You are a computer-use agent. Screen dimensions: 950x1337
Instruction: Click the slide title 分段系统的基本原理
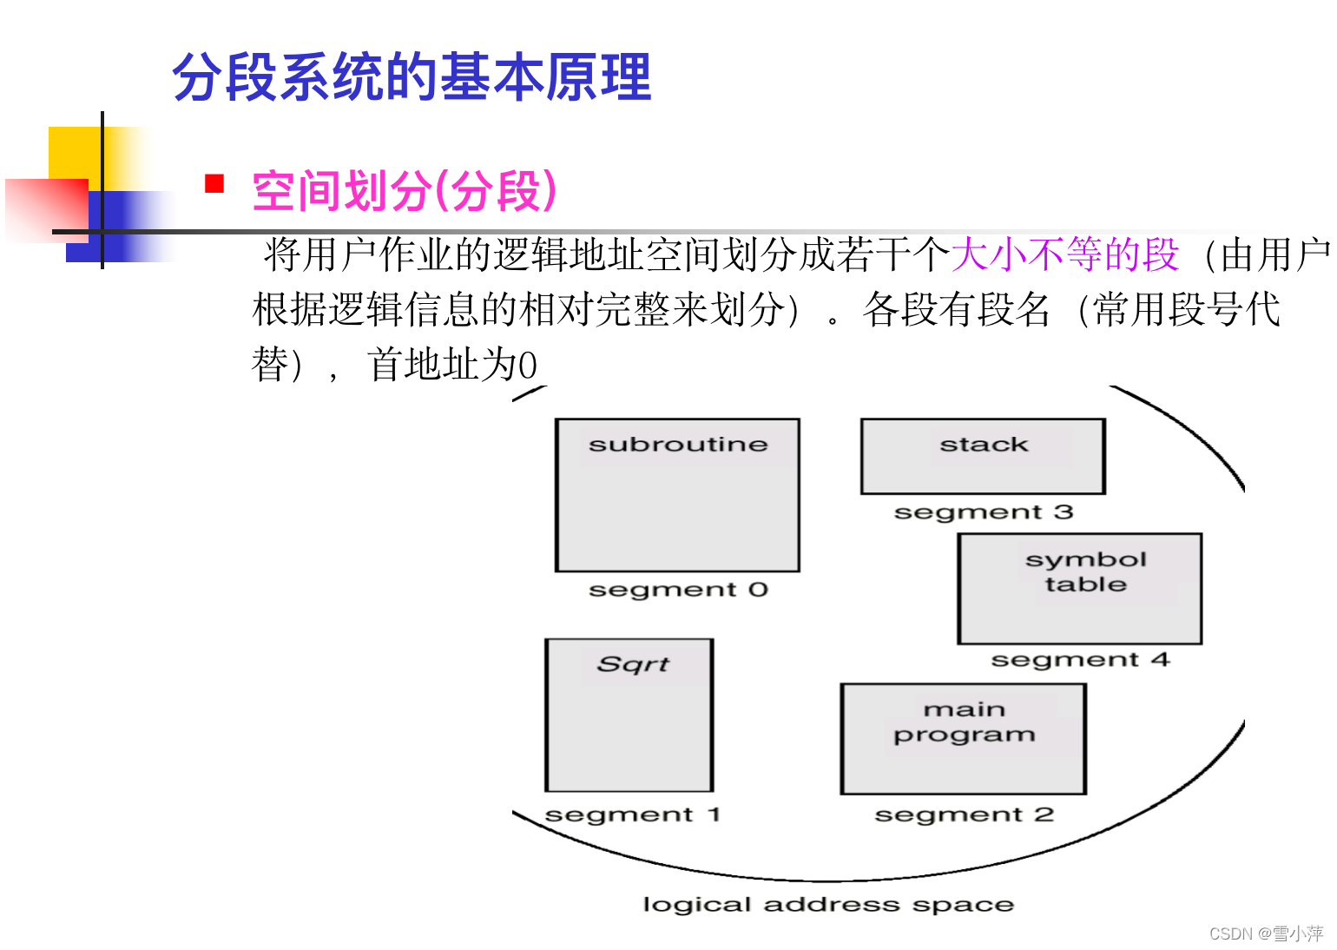point(412,77)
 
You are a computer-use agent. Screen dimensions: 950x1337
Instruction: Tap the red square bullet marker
point(214,183)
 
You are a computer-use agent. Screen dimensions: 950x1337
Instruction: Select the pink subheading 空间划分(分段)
point(404,191)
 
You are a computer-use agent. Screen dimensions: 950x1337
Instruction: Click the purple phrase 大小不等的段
point(1064,254)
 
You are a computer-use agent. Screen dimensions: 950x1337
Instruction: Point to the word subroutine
point(678,445)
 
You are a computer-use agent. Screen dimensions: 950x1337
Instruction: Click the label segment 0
point(678,590)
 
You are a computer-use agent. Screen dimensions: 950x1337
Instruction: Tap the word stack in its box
point(984,445)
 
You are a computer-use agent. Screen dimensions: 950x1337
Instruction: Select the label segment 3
point(984,512)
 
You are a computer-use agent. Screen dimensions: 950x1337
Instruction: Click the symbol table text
point(1085,571)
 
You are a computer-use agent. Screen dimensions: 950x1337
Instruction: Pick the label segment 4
point(1080,660)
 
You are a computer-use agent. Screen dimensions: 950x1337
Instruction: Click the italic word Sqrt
point(634,664)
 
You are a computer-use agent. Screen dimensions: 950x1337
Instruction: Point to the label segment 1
point(632,815)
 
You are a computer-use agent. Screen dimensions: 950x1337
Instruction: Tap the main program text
point(965,722)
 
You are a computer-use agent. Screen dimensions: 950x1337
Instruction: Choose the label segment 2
point(964,815)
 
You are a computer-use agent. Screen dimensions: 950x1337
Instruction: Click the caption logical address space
point(827,905)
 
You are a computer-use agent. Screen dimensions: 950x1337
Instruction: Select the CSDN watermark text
point(1266,934)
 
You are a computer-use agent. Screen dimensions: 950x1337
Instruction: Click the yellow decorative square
point(74,152)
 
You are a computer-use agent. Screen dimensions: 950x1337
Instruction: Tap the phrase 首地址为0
point(452,365)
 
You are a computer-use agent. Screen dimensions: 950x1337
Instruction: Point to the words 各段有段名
point(956,309)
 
